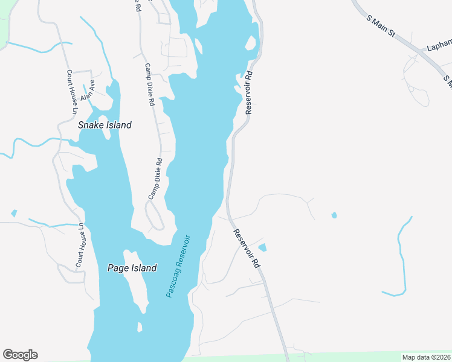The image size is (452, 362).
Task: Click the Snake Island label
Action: pyautogui.click(x=105, y=125)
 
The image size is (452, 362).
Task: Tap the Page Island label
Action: pyautogui.click(x=132, y=268)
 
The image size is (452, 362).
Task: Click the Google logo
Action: pyautogui.click(x=20, y=354)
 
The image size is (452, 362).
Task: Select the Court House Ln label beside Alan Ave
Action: pyautogui.click(x=72, y=91)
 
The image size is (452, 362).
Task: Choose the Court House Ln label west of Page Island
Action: pyautogui.click(x=80, y=246)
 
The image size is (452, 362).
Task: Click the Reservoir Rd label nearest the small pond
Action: pyautogui.click(x=247, y=248)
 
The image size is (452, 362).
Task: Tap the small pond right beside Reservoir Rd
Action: pyautogui.click(x=262, y=247)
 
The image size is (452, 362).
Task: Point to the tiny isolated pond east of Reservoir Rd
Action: pyautogui.click(x=334, y=215)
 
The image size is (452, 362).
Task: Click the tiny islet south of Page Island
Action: pyautogui.click(x=140, y=328)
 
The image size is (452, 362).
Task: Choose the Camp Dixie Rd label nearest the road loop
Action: pyautogui.click(x=156, y=179)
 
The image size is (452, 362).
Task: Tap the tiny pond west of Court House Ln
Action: pyautogui.click(x=14, y=213)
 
